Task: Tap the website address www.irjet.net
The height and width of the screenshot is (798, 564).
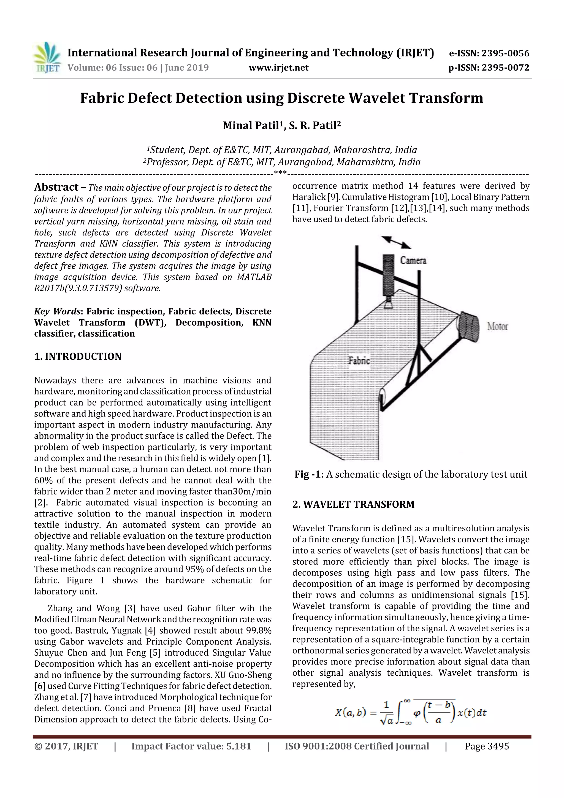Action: tap(279, 68)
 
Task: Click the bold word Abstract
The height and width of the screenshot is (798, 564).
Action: tap(56, 187)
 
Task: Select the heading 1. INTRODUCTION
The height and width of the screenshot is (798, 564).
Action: tap(78, 357)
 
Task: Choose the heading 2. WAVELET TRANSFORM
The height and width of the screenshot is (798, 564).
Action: tap(353, 504)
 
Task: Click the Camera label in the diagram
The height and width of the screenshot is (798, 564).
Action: tap(413, 260)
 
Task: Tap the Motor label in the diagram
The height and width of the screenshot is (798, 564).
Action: tap(497, 326)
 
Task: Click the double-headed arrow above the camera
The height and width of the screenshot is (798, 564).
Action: tap(396, 242)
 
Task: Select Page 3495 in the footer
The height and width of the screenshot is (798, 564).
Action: tap(487, 746)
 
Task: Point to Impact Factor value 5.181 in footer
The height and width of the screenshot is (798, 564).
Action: tap(191, 746)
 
